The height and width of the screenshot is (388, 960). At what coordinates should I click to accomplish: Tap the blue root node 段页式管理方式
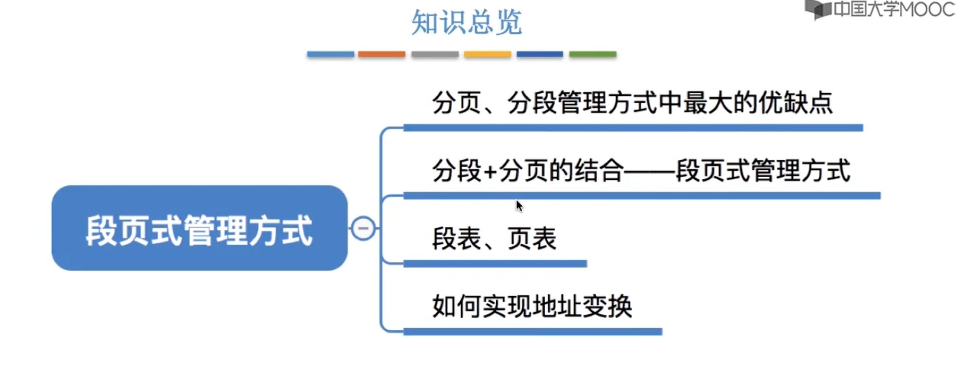(x=199, y=229)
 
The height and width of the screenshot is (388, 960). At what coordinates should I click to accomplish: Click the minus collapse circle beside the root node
(x=363, y=228)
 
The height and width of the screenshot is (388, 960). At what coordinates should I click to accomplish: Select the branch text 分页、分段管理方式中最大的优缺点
(x=632, y=103)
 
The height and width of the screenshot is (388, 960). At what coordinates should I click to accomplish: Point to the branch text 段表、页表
(x=494, y=239)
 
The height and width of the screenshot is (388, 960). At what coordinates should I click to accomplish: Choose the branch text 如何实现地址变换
(x=532, y=306)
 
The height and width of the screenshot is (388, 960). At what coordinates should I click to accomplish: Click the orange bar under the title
(x=381, y=54)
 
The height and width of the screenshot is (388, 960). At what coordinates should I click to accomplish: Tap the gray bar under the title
(x=435, y=54)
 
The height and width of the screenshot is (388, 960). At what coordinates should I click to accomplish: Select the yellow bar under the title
(x=488, y=54)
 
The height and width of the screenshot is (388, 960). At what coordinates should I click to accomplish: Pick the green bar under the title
(x=592, y=54)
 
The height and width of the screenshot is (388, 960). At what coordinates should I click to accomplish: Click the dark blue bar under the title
(x=540, y=54)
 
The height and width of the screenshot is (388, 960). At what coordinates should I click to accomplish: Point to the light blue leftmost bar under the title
(x=330, y=54)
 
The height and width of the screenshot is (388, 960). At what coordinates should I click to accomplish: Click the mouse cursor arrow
(x=519, y=206)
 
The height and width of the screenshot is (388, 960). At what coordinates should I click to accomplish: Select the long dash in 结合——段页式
(x=649, y=171)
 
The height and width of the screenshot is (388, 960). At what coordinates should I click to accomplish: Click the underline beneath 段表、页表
(x=495, y=264)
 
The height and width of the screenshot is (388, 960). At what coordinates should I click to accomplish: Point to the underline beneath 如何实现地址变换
(x=533, y=332)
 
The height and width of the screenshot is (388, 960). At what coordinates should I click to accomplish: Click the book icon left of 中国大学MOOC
(x=818, y=9)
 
